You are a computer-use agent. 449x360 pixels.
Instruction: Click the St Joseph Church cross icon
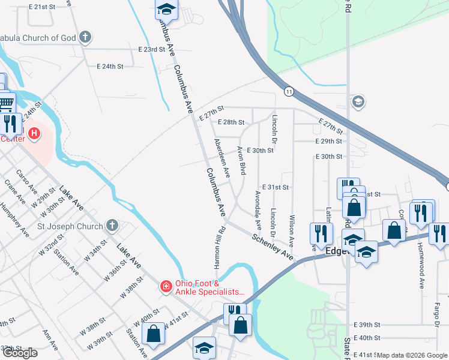click(x=111, y=226)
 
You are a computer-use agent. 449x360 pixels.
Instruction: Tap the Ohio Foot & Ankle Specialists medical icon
click(x=166, y=288)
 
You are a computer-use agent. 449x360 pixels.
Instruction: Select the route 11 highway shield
click(x=289, y=91)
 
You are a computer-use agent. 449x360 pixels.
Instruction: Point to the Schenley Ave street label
click(x=272, y=247)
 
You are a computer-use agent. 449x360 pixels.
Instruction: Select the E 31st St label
click(x=275, y=188)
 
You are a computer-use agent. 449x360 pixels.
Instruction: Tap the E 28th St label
click(x=231, y=122)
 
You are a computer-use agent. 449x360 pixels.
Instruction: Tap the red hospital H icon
click(x=34, y=133)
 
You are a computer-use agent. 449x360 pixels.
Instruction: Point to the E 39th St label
click(x=367, y=323)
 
